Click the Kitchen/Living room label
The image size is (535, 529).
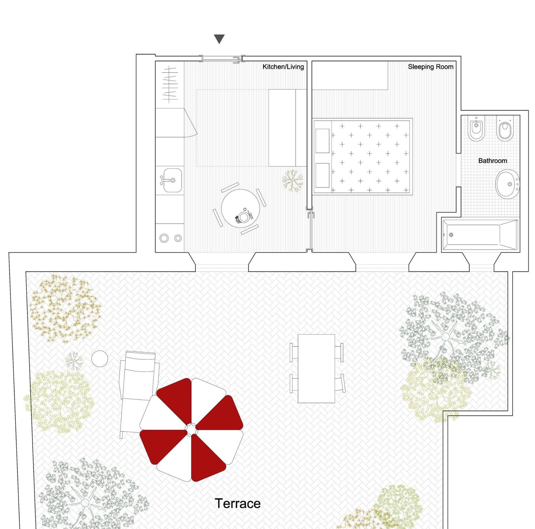click(283, 67)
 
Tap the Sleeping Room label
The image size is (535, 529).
click(430, 67)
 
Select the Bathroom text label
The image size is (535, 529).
click(492, 161)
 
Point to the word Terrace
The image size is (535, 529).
click(237, 503)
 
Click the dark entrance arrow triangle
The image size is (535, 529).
click(219, 39)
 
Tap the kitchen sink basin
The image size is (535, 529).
click(172, 180)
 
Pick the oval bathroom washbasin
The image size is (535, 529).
click(507, 184)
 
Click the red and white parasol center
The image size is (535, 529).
click(191, 429)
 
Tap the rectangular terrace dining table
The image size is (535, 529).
click(316, 368)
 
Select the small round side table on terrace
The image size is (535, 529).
click(99, 359)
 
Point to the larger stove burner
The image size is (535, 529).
click(164, 238)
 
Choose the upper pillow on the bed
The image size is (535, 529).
click(322, 141)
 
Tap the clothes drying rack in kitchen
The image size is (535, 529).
click(170, 84)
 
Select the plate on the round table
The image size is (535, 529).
click(244, 217)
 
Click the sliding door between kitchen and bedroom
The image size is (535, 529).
click(309, 230)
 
